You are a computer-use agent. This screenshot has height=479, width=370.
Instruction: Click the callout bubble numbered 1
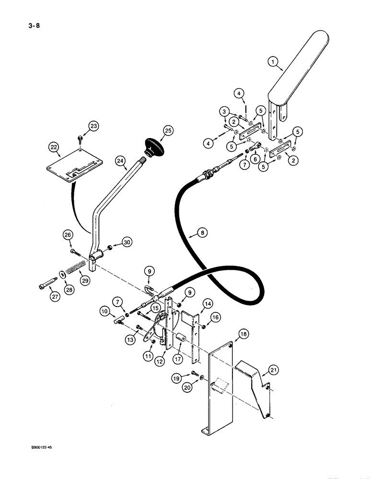[272, 61]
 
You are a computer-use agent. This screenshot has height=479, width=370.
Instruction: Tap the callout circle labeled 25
[167, 130]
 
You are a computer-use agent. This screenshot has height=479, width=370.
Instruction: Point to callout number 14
[208, 304]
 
